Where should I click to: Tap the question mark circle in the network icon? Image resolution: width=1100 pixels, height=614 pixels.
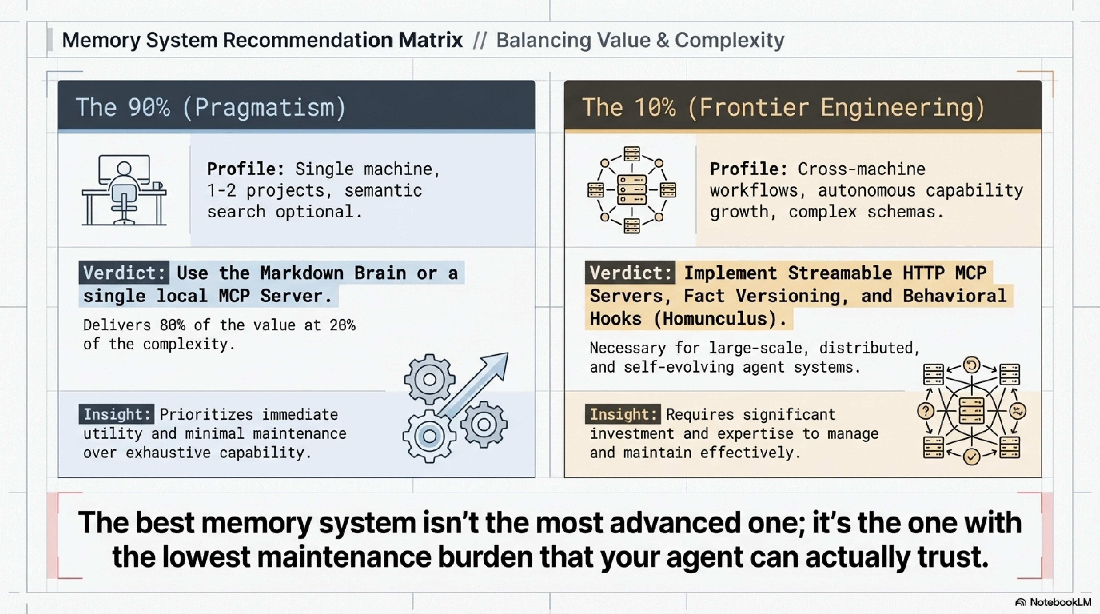click(926, 411)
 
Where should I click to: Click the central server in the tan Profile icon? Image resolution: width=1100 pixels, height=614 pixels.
click(632, 190)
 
